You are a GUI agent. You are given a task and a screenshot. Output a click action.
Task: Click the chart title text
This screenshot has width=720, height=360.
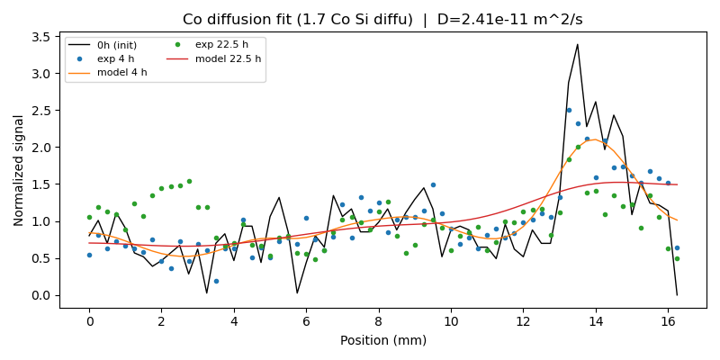pyautogui.click(x=382, y=19)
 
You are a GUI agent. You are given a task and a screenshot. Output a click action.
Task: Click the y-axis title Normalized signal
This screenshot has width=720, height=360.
pyautogui.click(x=19, y=170)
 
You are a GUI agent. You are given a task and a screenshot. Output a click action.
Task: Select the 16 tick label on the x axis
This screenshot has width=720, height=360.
pyautogui.click(x=668, y=319)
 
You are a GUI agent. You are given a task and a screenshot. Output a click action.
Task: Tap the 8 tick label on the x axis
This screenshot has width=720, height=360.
pyautogui.click(x=378, y=319)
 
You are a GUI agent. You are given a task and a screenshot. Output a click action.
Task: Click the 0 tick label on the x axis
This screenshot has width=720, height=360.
pyautogui.click(x=89, y=319)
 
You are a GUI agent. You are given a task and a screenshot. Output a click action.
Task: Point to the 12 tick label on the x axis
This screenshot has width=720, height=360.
pyautogui.click(x=523, y=319)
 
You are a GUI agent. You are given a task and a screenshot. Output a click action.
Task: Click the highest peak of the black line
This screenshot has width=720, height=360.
pyautogui.click(x=577, y=44)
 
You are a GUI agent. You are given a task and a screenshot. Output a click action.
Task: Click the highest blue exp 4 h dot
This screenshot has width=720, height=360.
pyautogui.click(x=569, y=110)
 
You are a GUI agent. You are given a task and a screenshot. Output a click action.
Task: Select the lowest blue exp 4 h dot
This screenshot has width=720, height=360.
pyautogui.click(x=216, y=281)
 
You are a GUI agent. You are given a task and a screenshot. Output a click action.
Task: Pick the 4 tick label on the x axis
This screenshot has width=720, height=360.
pyautogui.click(x=234, y=319)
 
